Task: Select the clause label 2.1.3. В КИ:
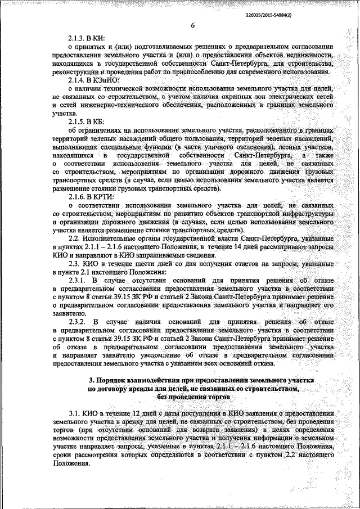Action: [85, 38]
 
